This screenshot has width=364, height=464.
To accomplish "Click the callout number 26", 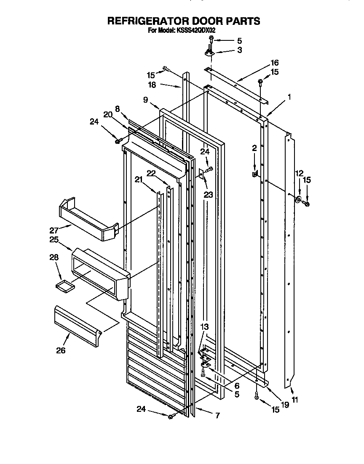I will click(61, 350).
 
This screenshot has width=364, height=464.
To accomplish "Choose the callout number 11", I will click(294, 400).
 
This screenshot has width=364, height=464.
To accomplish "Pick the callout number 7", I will click(217, 416).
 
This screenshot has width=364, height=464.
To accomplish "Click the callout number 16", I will click(274, 63).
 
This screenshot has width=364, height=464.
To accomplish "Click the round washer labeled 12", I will click(299, 199).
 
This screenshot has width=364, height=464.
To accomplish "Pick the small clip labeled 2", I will click(254, 173).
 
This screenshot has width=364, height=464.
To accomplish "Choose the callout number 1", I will click(289, 98).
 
